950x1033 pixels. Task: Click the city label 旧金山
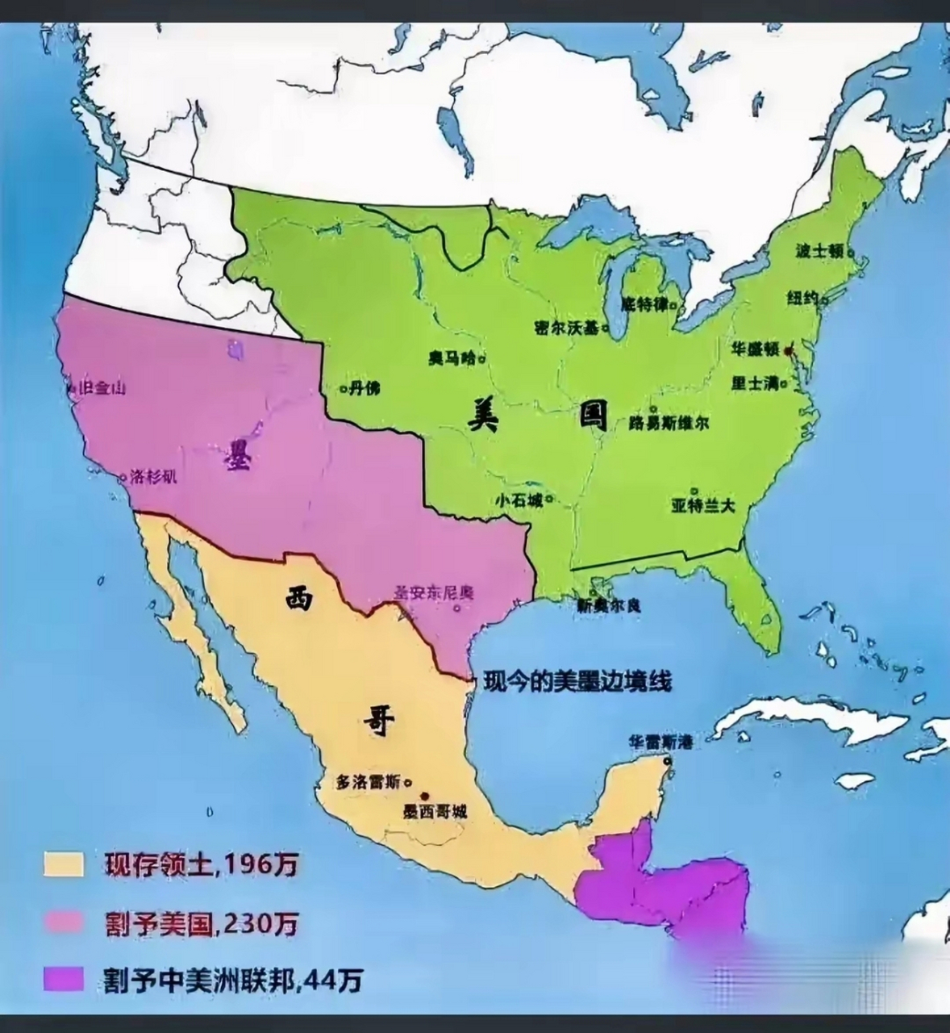tap(102, 388)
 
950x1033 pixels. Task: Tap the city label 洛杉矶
tap(153, 477)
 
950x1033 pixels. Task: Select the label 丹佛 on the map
tap(365, 388)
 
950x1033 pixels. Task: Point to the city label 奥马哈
tap(452, 358)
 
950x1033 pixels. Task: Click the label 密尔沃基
tap(567, 328)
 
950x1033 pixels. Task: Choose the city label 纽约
tap(803, 299)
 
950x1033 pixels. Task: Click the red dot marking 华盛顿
tap(790, 350)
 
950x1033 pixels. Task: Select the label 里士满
tap(754, 383)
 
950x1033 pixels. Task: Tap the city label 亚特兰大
tap(703, 506)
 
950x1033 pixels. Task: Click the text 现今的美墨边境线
tap(577, 682)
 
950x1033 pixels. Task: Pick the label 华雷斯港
tap(661, 741)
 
